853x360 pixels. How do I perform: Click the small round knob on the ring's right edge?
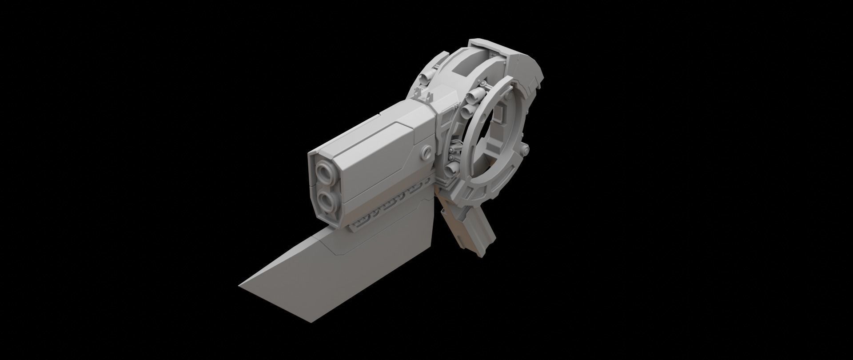[526, 148]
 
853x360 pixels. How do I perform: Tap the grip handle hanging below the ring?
[466, 231]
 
